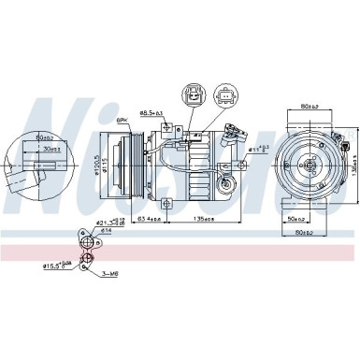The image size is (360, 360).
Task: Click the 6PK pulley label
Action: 122,121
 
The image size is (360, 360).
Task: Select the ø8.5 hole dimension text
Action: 151,113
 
